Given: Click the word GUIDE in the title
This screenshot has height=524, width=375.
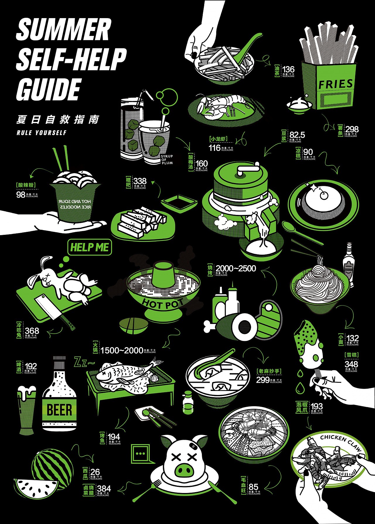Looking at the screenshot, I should pos(48,89).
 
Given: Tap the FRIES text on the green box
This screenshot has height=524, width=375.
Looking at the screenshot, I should pos(335,84).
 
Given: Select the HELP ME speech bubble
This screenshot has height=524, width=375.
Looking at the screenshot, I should pos(90,247).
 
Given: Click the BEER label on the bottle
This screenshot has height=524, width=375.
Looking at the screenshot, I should pos(59,410).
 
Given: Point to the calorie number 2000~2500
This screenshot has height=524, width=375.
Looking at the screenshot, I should pos(236,268).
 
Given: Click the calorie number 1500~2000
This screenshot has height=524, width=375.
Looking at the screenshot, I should pos(122,350).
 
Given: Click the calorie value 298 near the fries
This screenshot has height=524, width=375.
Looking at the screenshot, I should pos(352,129).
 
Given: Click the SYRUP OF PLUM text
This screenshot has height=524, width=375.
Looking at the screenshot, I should pos(167,160).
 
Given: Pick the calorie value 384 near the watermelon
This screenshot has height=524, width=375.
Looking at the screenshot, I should pos(104,489).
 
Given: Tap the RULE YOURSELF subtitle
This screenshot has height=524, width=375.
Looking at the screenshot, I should pos(42,133).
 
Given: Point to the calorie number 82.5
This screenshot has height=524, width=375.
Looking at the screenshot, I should pos(297,135).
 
